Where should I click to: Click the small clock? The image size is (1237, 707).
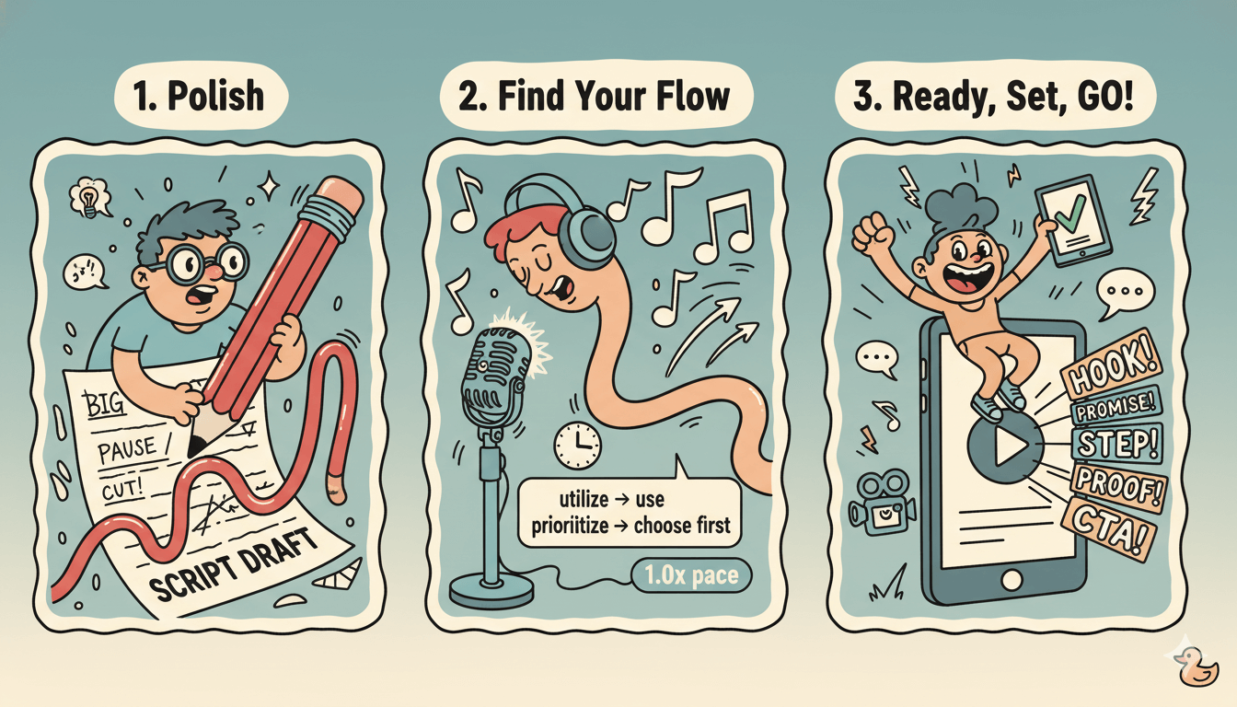[577, 446]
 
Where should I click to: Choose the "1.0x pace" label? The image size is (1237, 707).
[691, 577]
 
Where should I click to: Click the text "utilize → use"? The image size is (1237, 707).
[612, 501]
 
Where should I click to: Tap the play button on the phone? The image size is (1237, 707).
[1005, 448]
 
